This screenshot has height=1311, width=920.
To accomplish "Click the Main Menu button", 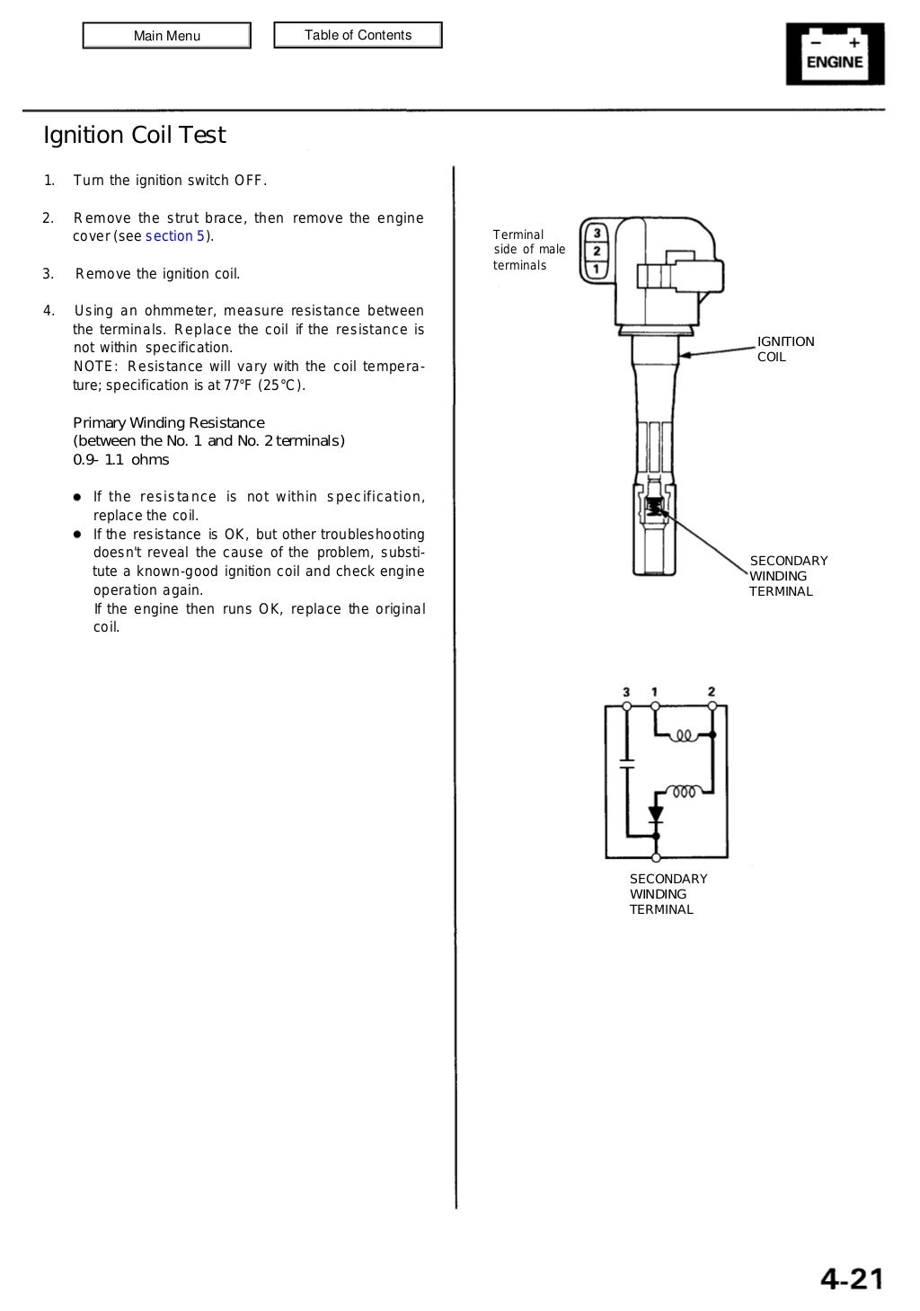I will (166, 36).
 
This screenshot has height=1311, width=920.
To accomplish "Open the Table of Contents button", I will (358, 35).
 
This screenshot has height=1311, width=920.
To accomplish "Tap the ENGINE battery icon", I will (835, 54).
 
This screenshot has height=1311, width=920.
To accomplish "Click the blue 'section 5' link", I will (175, 236).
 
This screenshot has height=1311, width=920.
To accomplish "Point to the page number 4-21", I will (851, 1278).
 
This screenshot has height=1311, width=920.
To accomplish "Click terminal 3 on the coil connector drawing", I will (597, 234).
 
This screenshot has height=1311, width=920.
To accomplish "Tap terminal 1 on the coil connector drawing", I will (597, 269).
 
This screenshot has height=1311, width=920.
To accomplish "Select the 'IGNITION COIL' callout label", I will (785, 349).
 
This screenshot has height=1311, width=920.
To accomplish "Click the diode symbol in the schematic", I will (656, 816).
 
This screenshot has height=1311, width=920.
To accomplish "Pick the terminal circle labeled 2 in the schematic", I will (712, 706).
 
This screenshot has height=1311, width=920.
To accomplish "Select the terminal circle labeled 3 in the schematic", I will (626, 706).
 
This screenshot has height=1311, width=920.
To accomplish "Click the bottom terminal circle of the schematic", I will (656, 858).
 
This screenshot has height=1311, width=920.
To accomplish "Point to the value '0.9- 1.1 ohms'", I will (120, 460).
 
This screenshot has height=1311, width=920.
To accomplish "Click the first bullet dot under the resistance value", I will (78, 497).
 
